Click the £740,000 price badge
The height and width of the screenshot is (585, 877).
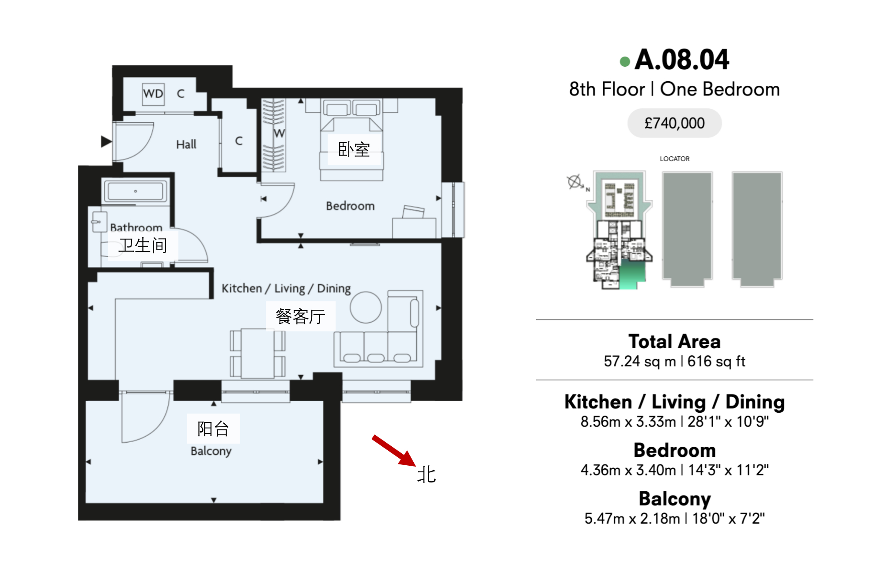pyautogui.click(x=674, y=123)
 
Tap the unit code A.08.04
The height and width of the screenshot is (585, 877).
pyautogui.click(x=682, y=60)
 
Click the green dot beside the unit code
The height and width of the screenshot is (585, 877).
pyautogui.click(x=624, y=61)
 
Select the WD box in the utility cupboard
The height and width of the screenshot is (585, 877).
pyautogui.click(x=153, y=94)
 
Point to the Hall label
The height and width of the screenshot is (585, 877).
pyautogui.click(x=186, y=144)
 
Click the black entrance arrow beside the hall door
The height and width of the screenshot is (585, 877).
pyautogui.click(x=106, y=141)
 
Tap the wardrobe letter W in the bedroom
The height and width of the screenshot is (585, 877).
pyautogui.click(x=279, y=133)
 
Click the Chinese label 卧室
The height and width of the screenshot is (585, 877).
pyautogui.click(x=354, y=150)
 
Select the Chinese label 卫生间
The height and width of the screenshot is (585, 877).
pyautogui.click(x=143, y=245)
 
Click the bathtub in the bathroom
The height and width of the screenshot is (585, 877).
pyautogui.click(x=136, y=191)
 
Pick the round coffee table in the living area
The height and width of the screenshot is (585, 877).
pyautogui.click(x=366, y=307)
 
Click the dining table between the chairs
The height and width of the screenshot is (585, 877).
pyautogui.click(x=257, y=353)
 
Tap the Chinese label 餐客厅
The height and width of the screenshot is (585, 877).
pyautogui.click(x=300, y=316)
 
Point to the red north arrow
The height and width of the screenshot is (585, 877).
pyautogui.click(x=394, y=451)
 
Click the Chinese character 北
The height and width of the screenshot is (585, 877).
pyautogui.click(x=427, y=475)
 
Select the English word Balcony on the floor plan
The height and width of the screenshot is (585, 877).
pyautogui.click(x=211, y=451)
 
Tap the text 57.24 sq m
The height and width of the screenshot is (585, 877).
pyautogui.click(x=640, y=361)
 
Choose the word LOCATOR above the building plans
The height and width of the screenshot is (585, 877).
pyautogui.click(x=674, y=159)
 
